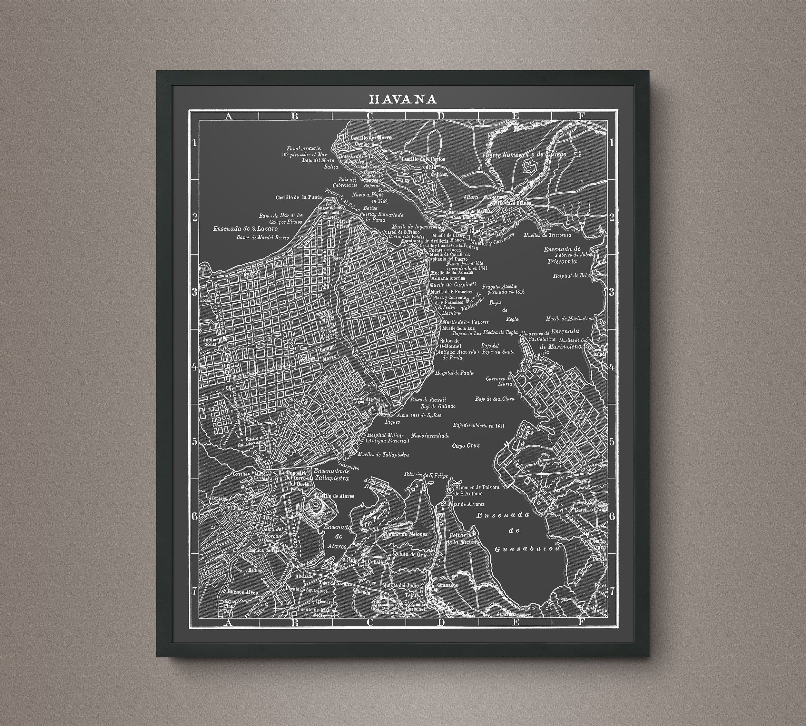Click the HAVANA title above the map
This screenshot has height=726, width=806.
[x=403, y=99]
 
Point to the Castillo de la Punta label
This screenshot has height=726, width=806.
[x=298, y=197]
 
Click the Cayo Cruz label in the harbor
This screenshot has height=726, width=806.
[x=466, y=446]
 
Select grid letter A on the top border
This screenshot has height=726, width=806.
[x=228, y=116]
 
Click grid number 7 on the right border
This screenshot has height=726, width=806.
[x=612, y=591]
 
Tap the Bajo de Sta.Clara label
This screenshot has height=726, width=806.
[x=494, y=398]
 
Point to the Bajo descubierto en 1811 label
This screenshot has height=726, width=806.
[x=478, y=426]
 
